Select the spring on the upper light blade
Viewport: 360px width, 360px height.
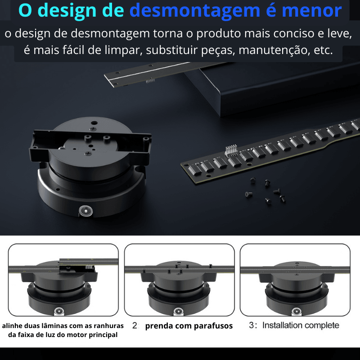[150, 81]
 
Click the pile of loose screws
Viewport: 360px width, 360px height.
[265, 190]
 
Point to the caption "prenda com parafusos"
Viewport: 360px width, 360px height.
[189, 325]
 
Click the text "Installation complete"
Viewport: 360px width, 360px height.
[301, 325]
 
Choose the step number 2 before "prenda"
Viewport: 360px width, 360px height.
[135, 325]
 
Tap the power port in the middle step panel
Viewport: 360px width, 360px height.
[179, 311]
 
